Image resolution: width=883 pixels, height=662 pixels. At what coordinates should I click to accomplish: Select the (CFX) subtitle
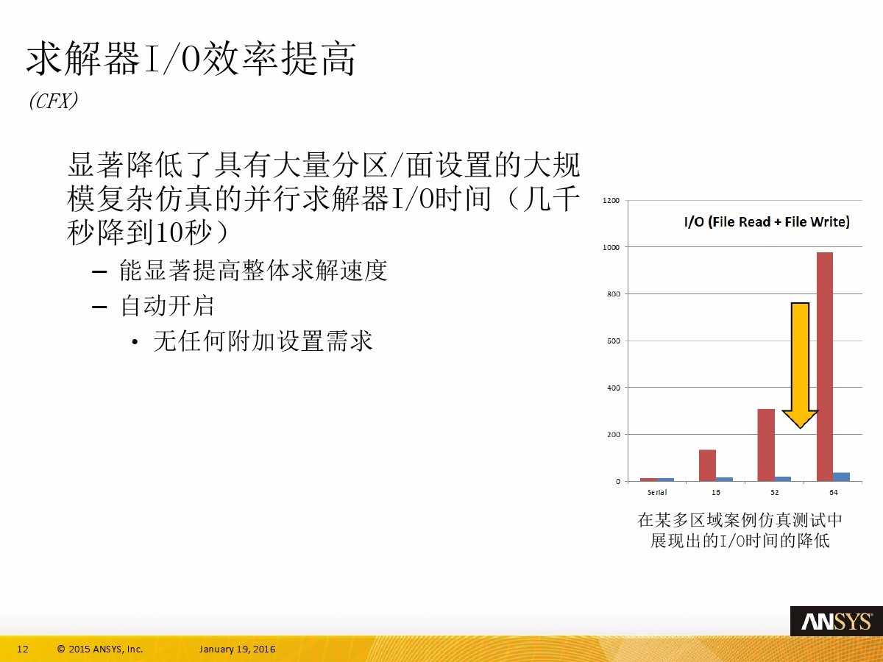click(x=53, y=102)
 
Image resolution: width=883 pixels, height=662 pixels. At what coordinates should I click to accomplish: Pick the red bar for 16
click(x=707, y=465)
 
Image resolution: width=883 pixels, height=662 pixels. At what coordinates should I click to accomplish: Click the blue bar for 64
click(x=841, y=477)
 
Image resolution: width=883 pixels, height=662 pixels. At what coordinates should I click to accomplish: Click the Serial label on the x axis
click(x=657, y=492)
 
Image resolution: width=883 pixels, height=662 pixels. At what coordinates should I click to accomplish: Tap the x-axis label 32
click(x=774, y=492)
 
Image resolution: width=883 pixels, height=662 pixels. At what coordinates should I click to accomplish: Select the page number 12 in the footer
click(x=22, y=649)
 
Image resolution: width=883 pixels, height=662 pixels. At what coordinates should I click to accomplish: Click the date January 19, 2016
click(x=237, y=649)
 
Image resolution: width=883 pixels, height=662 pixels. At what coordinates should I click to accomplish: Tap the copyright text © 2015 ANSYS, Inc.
click(x=100, y=649)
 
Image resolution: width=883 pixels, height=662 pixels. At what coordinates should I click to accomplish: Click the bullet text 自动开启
click(x=167, y=306)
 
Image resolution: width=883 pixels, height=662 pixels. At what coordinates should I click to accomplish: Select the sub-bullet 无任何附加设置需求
click(x=263, y=341)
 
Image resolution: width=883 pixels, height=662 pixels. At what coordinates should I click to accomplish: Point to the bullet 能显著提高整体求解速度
click(x=253, y=271)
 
